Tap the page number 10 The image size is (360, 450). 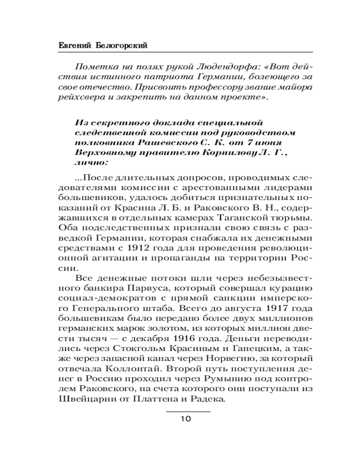186,419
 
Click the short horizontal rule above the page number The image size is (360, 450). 189,411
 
